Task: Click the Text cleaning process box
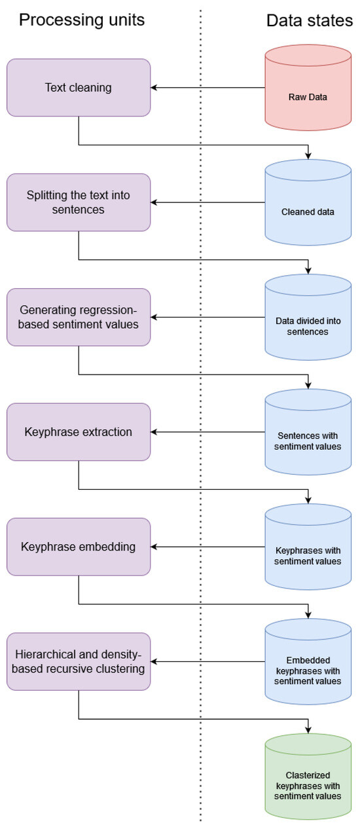(79, 87)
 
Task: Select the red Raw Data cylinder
(308, 97)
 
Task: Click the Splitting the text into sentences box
(79, 202)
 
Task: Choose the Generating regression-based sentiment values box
(79, 317)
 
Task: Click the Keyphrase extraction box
(79, 432)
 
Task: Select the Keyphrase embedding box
(79, 546)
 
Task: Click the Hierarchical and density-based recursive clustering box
(79, 661)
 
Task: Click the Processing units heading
(82, 20)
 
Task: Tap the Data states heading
(310, 20)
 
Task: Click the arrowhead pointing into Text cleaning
(154, 87)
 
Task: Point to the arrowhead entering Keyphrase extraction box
(154, 432)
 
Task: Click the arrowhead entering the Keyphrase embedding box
(154, 546)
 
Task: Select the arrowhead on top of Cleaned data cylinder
(308, 156)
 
